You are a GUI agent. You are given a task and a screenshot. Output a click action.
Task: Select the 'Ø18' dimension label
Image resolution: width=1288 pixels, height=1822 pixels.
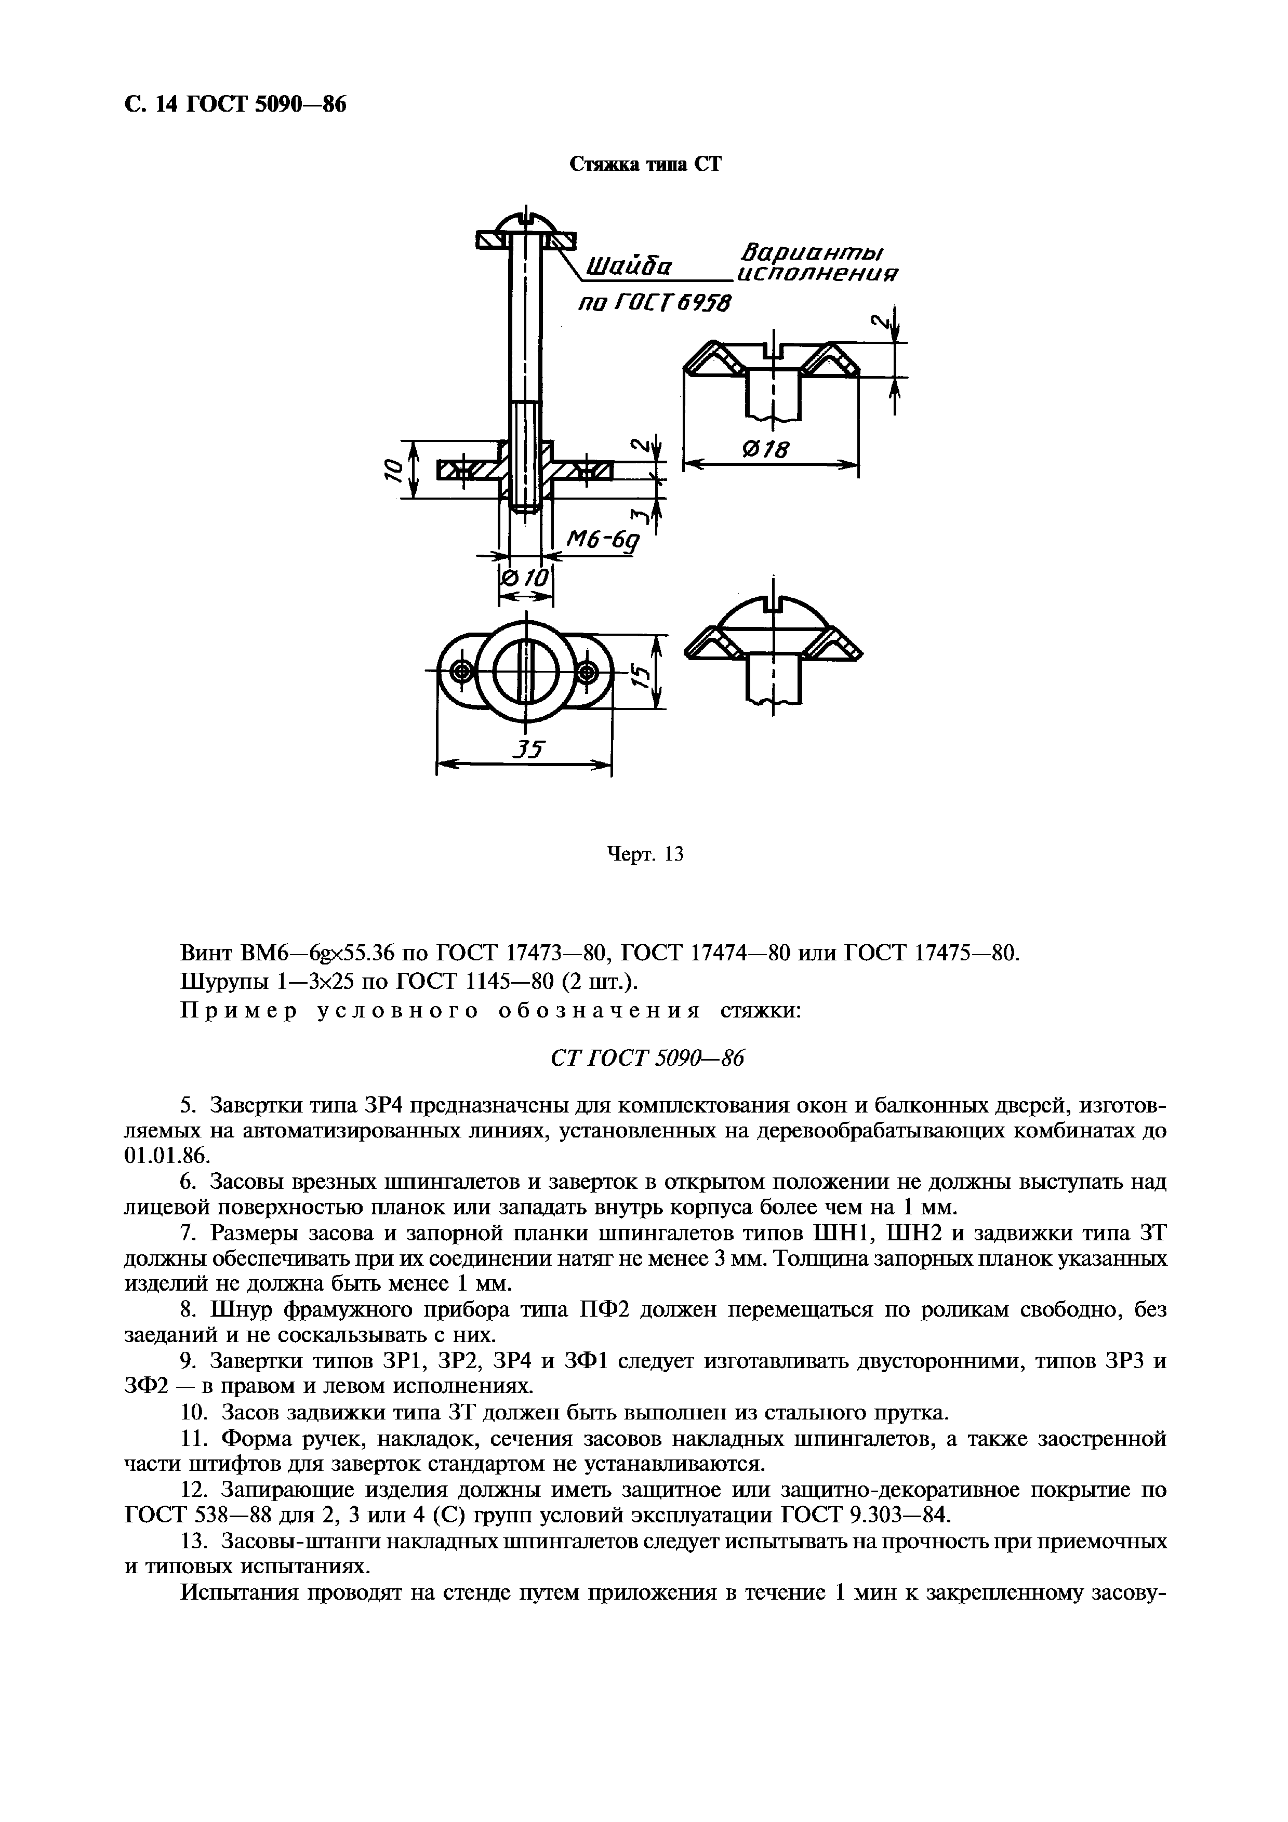pos(766,450)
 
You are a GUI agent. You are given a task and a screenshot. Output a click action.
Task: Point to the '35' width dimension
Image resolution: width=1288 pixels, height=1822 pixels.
pos(525,749)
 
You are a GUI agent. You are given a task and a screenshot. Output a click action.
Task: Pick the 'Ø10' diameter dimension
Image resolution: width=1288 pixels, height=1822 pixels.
pos(525,579)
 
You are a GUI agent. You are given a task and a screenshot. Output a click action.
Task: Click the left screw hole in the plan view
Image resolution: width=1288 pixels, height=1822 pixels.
pos(460,674)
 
